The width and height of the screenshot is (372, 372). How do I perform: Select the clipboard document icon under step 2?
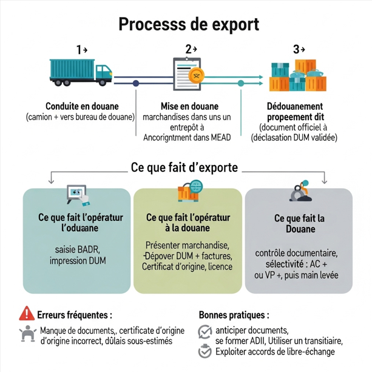tap(189, 74)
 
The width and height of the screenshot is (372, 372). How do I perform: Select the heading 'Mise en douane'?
tap(189, 106)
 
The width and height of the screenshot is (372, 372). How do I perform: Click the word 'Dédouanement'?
tap(294, 106)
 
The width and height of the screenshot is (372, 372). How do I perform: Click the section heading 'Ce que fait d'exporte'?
tap(184, 167)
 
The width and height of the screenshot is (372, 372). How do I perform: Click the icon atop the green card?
tap(188, 193)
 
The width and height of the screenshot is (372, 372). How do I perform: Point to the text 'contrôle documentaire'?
tap(297, 252)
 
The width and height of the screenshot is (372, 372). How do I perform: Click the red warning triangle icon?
tap(26, 314)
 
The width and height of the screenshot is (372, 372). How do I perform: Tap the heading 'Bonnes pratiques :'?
tap(234, 316)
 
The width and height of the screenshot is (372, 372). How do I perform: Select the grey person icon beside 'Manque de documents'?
tap(27, 334)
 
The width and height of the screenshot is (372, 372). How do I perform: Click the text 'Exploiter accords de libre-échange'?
tap(274, 351)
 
